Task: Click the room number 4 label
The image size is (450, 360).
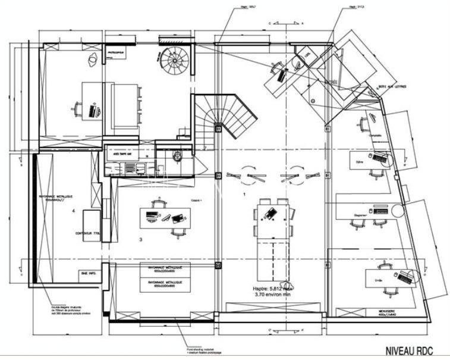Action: click(73, 211)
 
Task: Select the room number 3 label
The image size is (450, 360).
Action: click(140, 240)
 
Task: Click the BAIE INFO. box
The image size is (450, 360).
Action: click(87, 273)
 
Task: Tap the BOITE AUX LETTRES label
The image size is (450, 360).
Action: click(392, 87)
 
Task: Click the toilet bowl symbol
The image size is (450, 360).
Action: click(177, 156)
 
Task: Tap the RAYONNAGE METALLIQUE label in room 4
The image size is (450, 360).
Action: click(56, 198)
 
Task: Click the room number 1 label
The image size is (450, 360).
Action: click(244, 195)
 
